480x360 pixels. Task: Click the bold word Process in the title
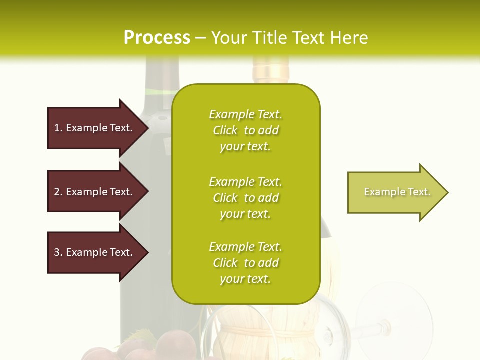pos(157,38)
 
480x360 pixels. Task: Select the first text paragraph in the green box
pos(245,130)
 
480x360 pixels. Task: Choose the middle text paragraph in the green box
pos(245,198)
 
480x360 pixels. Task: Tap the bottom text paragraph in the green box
pos(245,263)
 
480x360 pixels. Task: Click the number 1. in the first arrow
pos(58,128)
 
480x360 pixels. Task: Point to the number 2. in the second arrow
pos(58,192)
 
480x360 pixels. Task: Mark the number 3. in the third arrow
pos(58,252)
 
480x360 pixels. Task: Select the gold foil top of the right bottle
pos(270,70)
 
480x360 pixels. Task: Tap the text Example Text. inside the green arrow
pos(397,192)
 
